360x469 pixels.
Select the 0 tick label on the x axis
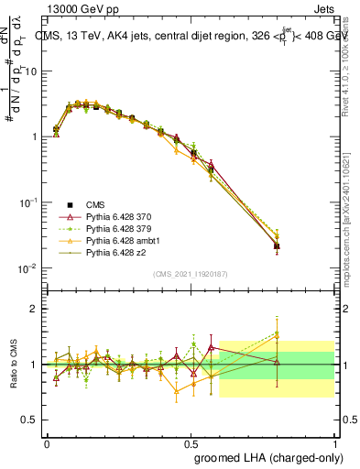tap(47, 442)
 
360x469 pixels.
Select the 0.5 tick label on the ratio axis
tap(28, 420)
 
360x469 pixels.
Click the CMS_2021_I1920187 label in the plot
tap(189, 274)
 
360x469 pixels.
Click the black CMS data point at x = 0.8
tap(277, 246)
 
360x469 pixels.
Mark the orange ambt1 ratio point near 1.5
tap(277, 335)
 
